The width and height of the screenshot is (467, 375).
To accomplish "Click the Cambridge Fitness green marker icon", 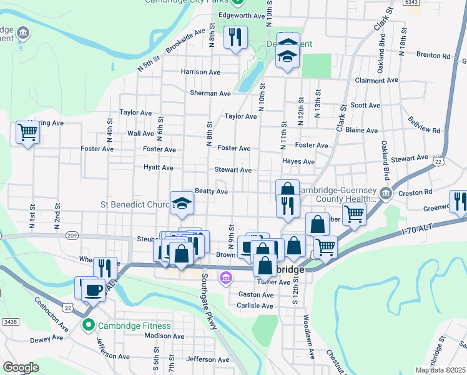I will pos(89,326).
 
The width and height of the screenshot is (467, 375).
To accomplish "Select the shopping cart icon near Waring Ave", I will pos(28,132).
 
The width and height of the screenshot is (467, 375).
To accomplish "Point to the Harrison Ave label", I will pos(200,72).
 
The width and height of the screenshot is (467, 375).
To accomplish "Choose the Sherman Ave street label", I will pos(210,93).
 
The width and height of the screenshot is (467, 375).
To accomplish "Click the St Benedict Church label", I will pos(135,204).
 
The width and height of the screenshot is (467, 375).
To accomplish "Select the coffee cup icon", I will pos(94,289).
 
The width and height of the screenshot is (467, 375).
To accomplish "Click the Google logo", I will pos(21,367).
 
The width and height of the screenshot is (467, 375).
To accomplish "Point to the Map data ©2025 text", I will pos(441,370).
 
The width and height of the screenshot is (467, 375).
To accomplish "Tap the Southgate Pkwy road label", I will pos(209,312).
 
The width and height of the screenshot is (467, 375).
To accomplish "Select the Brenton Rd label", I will pos(433,56).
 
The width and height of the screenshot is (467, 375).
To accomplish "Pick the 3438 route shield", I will pos(8,321).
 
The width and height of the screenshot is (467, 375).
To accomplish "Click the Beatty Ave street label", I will pos(211,191).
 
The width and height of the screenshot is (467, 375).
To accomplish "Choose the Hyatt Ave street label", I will pos(159,167).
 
